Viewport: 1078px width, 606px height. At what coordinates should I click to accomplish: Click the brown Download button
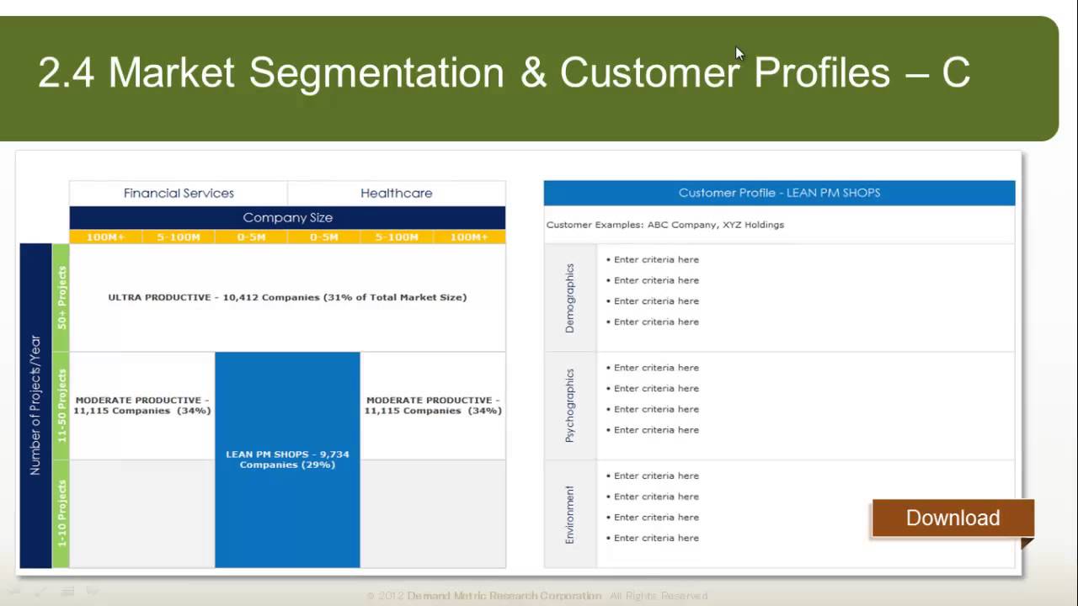point(953,518)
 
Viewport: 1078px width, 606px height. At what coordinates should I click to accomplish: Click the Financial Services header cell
point(179,193)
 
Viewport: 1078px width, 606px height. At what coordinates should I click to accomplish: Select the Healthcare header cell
point(396,193)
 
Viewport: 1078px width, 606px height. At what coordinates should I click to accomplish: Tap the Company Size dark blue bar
point(287,217)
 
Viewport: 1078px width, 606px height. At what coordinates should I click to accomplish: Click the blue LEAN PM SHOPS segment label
point(287,460)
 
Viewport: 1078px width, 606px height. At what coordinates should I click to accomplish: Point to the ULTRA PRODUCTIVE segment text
point(287,297)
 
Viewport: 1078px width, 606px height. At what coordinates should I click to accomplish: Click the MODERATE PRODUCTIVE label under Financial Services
point(142,406)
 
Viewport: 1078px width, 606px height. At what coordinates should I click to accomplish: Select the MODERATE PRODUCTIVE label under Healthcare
point(433,406)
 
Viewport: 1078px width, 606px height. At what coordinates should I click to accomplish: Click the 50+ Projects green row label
point(61,297)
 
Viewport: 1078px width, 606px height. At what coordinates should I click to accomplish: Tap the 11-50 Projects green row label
point(61,406)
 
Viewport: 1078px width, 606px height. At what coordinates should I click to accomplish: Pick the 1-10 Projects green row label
point(61,513)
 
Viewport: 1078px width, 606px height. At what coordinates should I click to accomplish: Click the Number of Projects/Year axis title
point(35,406)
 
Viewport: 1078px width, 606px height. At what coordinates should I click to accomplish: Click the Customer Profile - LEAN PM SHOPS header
point(779,193)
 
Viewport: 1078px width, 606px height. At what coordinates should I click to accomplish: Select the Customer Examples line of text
point(665,225)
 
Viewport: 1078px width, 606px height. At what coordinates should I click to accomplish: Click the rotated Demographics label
point(570,298)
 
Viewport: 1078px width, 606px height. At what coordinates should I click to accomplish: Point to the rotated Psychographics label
point(570,406)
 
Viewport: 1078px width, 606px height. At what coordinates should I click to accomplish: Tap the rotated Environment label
point(570,514)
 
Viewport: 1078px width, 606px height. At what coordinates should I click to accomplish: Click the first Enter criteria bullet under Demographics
point(653,260)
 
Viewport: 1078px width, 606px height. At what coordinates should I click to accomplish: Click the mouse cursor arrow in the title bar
point(739,54)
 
